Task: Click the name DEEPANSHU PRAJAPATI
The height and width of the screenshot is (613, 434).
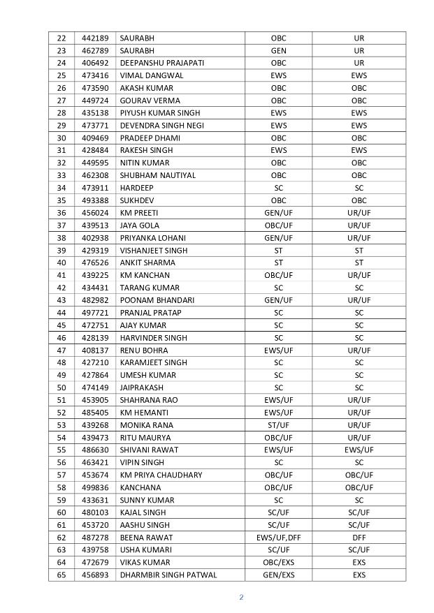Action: [162, 63]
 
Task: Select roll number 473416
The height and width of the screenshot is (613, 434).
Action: [95, 75]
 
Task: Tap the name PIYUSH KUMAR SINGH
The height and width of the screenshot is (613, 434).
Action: [160, 113]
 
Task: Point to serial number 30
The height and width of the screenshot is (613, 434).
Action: [62, 138]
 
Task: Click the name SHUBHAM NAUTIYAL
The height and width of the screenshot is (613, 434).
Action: [158, 175]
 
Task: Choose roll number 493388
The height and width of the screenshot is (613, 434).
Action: [95, 200]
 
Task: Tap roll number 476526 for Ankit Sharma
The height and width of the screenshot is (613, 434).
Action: [95, 263]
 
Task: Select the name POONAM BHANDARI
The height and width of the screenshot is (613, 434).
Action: [157, 300]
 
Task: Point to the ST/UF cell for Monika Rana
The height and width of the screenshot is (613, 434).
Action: [278, 425]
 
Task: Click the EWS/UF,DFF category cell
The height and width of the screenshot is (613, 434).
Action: [278, 538]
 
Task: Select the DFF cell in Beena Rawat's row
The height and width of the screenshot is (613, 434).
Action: [359, 538]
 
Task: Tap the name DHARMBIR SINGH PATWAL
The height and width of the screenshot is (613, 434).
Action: [168, 575]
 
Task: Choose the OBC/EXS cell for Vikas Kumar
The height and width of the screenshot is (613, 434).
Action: [278, 563]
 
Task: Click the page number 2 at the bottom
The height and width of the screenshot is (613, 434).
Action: [241, 597]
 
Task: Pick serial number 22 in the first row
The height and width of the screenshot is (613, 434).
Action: [62, 38]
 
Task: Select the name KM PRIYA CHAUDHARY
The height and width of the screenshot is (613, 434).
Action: [161, 475]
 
